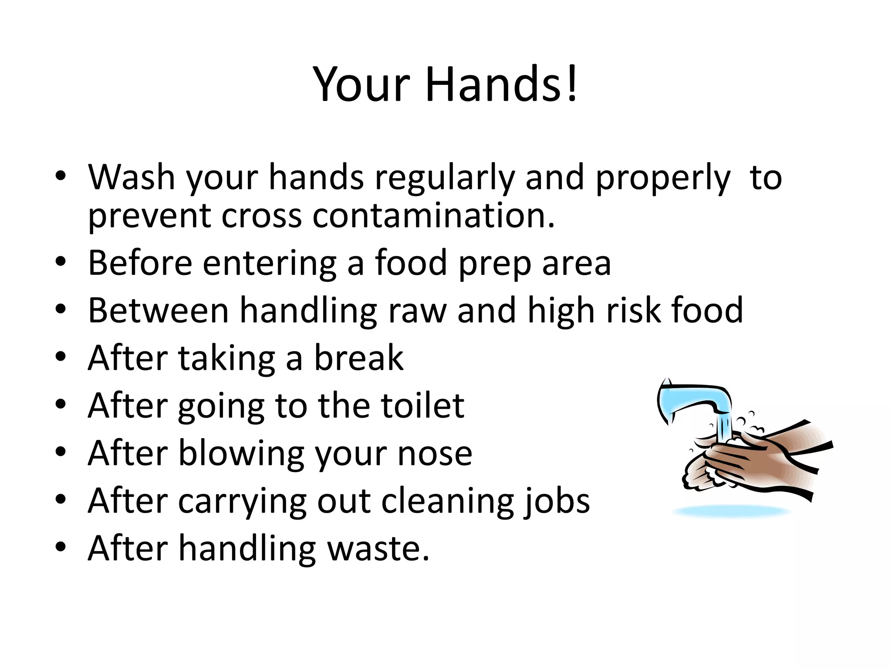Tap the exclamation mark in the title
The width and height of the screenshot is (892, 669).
tap(572, 83)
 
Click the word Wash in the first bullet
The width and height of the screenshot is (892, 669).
tap(131, 177)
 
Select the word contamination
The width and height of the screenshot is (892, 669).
tap(434, 216)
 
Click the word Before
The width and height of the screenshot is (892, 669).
tap(140, 263)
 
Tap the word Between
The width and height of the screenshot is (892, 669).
tap(158, 310)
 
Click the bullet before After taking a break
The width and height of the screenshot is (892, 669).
tap(61, 357)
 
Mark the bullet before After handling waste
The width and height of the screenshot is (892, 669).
tap(61, 547)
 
